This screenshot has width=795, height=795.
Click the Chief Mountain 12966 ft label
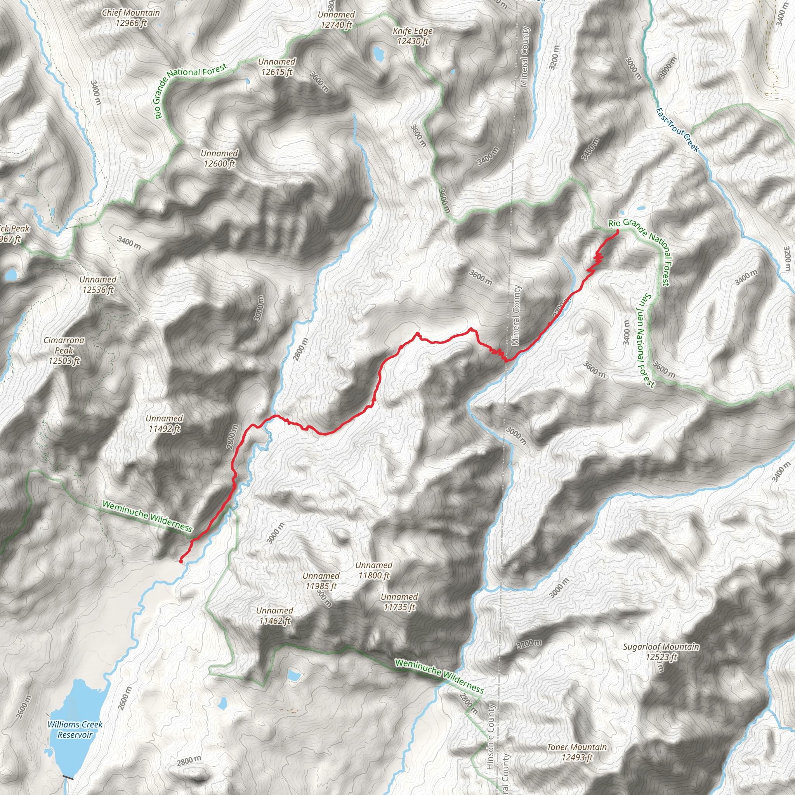click(131, 18)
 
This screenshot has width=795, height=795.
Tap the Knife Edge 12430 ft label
click(412, 36)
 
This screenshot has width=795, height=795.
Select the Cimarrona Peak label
click(64, 351)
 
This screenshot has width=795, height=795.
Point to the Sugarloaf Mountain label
click(660, 652)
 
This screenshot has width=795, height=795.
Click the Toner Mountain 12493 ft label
click(576, 752)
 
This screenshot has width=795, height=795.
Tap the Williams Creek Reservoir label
click(75, 729)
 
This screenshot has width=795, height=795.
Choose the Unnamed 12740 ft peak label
click(336, 20)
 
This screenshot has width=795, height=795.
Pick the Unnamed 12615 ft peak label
click(276, 67)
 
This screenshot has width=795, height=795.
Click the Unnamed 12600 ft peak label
click(219, 158)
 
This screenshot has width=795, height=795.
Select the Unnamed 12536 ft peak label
click(98, 284)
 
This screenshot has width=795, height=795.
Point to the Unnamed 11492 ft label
click(164, 424)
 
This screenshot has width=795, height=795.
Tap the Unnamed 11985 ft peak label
click(321, 581)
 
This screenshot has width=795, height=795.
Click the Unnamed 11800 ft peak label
click(374, 570)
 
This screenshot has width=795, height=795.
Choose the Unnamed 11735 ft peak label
click(399, 602)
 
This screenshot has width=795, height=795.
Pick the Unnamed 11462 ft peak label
click(274, 616)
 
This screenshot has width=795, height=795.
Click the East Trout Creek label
click(677, 130)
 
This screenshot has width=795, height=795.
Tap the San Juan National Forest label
click(645, 340)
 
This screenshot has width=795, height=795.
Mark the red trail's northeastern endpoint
click(617, 231)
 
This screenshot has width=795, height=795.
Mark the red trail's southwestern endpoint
click(181, 561)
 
